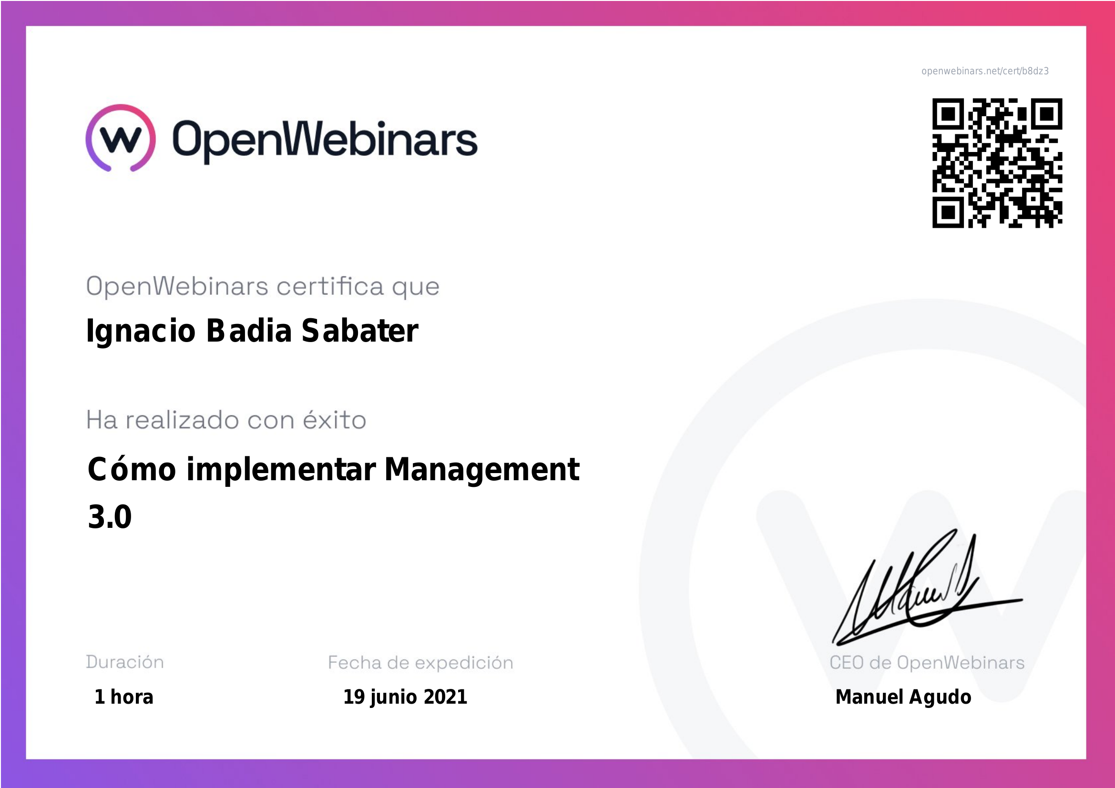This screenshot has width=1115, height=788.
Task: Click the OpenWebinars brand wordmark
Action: click(325, 141)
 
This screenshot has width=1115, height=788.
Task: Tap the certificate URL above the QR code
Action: click(985, 71)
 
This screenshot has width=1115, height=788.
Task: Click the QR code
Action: click(997, 163)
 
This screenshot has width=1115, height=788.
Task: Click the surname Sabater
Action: click(360, 331)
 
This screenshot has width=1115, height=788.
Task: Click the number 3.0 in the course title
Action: click(110, 517)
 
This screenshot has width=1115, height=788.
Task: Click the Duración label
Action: click(125, 662)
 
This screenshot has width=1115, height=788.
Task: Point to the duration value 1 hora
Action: click(124, 697)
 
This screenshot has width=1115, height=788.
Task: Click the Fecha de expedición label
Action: click(420, 662)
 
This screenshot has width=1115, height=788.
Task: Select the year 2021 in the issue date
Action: click(445, 697)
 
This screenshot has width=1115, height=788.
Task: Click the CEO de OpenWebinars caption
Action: click(927, 662)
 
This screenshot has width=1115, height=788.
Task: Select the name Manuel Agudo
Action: click(903, 697)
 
